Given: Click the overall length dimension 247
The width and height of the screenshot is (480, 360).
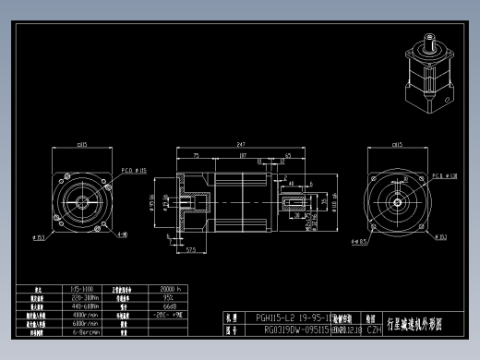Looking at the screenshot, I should coord(241,145).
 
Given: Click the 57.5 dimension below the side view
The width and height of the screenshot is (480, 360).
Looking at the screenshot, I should coord(192,249).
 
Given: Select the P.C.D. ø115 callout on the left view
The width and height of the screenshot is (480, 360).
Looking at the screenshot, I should coord(135,171).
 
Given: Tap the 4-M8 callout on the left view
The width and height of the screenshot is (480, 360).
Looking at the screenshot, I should coord(122,234).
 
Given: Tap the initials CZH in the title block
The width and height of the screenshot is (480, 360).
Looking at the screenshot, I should coord(374,329).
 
